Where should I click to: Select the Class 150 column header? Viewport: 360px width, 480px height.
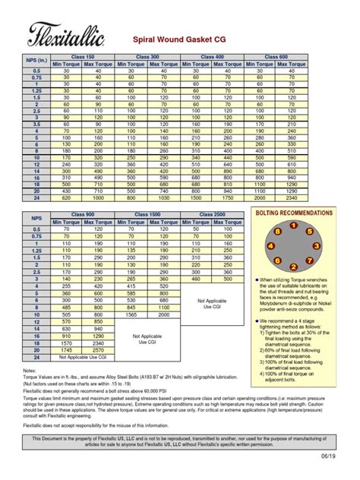coord(83,56)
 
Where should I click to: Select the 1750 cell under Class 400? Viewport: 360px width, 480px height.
coord(228,197)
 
